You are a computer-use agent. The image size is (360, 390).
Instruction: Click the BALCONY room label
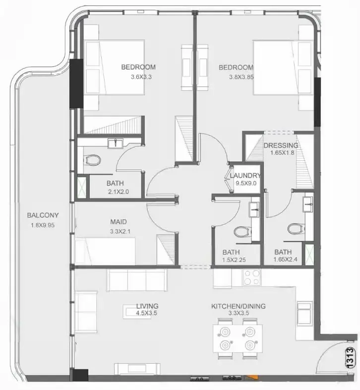tap(43, 215)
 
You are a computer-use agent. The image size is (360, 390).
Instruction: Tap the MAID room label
tap(119, 222)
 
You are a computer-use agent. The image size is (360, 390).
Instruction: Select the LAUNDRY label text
tap(245, 176)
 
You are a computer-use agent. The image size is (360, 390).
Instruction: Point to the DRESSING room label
tap(281, 145)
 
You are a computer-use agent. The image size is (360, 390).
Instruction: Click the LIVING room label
tap(147, 306)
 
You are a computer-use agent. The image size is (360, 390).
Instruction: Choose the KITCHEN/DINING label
tap(238, 306)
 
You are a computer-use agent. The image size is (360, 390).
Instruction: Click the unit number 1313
tap(350, 357)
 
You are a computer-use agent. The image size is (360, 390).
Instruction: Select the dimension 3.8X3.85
tap(241, 77)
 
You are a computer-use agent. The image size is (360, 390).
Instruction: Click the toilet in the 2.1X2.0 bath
tap(92, 160)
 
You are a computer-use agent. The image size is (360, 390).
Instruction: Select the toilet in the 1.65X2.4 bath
tap(295, 229)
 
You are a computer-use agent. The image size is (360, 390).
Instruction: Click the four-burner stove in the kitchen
tap(251, 277)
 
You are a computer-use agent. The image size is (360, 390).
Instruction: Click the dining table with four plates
tap(237, 338)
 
